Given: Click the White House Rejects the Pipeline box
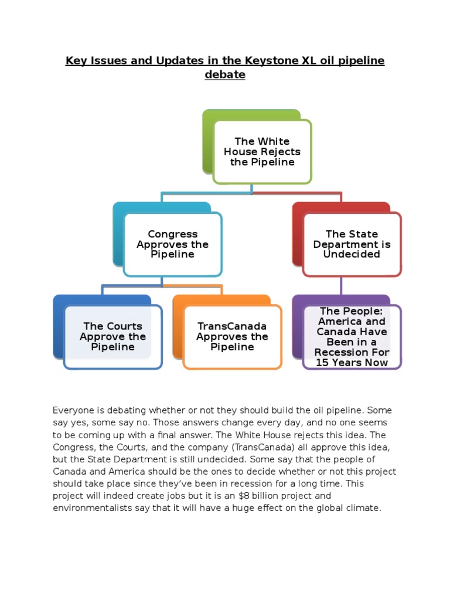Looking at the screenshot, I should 262,152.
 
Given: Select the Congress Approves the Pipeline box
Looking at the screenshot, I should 172,244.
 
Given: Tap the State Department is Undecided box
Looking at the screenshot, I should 352,244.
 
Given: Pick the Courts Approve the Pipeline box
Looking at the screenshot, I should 112,337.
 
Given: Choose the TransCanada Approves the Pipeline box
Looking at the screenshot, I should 232,337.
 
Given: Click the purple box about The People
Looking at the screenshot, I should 352,337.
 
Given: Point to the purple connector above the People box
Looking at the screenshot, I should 341,286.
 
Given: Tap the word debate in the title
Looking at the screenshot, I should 225,75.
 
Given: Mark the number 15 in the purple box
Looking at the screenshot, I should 322,363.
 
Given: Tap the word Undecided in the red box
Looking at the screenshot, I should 352,254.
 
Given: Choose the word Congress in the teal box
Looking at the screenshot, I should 172,234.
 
